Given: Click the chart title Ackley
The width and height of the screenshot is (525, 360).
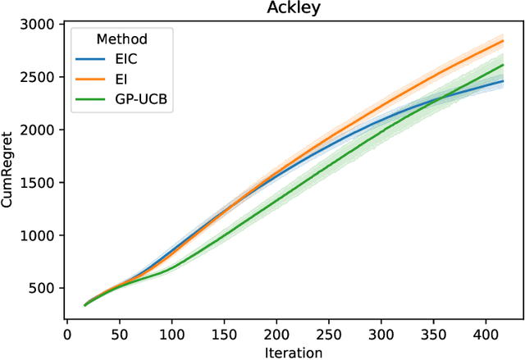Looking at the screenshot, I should coord(292,8).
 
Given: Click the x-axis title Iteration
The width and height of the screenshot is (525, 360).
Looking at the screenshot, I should coord(292,351).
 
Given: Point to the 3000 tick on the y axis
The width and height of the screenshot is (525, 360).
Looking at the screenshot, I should coord(39,25).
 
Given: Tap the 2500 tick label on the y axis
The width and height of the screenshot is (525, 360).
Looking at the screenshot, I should coord(39,77).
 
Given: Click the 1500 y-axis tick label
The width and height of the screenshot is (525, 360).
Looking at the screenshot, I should coord(39,183).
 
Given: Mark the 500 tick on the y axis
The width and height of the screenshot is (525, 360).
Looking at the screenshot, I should coord(43,288).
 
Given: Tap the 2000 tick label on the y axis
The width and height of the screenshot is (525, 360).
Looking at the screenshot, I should coord(39,130).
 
